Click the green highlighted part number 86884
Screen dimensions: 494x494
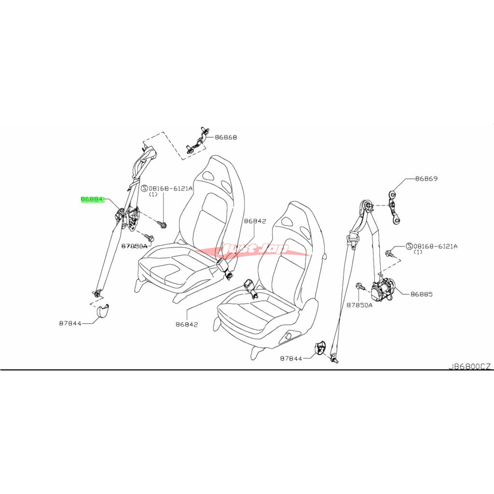92,199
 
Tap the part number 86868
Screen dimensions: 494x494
226,137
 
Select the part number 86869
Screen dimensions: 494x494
426,178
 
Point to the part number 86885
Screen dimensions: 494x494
422,293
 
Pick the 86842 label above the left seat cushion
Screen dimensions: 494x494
255,221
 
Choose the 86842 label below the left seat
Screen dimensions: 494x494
187,324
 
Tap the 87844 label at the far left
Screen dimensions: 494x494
70,323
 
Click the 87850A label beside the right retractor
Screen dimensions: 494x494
359,305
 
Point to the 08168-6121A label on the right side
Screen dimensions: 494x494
435,246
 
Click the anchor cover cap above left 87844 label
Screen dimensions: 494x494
102,312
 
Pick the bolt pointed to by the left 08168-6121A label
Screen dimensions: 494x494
163,224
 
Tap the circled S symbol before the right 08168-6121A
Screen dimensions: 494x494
409,246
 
